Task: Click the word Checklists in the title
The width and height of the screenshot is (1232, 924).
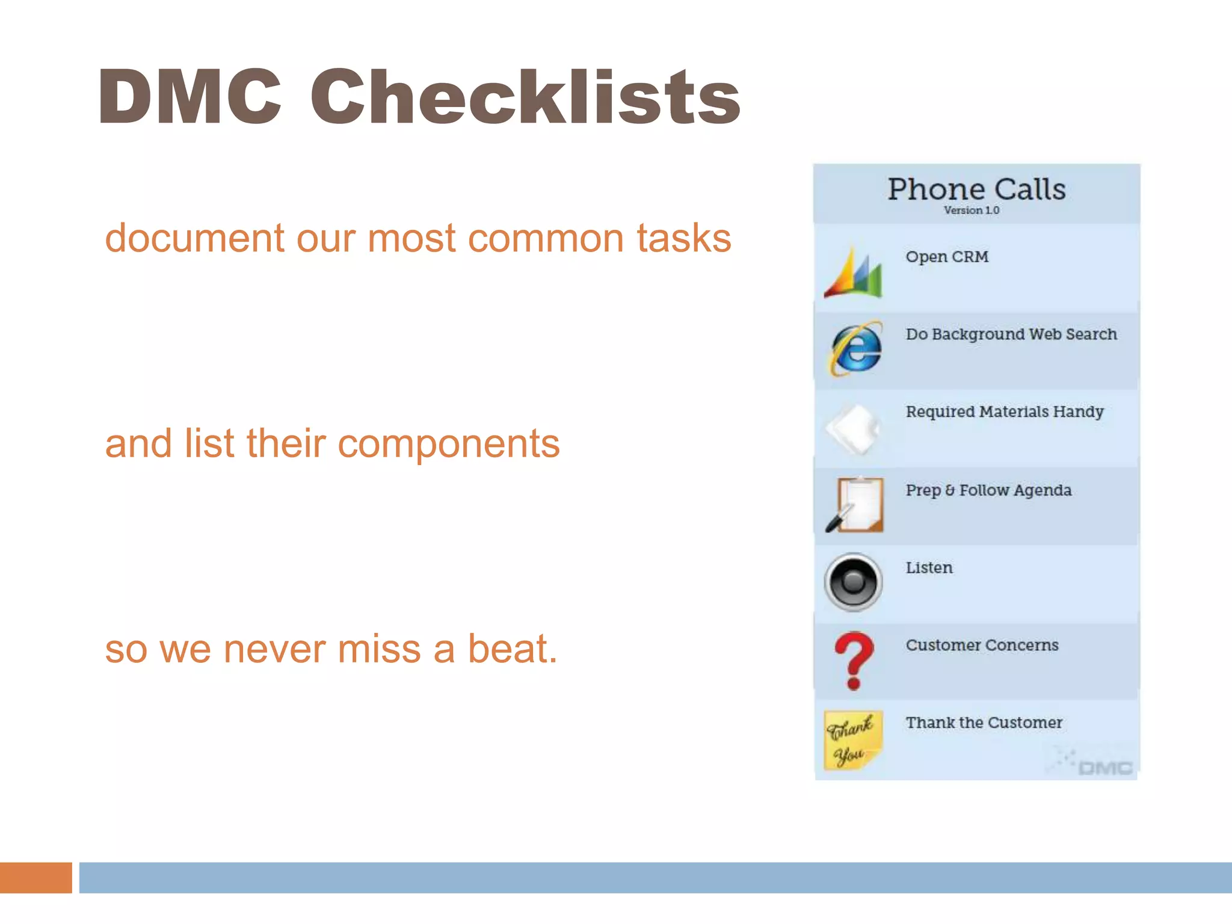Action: (x=525, y=97)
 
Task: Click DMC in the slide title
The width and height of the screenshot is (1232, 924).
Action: (x=189, y=97)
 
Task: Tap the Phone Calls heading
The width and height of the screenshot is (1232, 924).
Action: (x=976, y=189)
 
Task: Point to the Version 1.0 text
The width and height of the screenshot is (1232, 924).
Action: (x=971, y=211)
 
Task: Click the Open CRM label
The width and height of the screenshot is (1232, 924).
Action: (x=947, y=257)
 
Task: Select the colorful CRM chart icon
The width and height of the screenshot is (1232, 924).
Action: (x=854, y=272)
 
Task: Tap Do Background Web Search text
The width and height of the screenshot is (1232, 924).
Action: (x=1011, y=334)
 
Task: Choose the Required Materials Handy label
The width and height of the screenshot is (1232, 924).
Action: (x=1005, y=412)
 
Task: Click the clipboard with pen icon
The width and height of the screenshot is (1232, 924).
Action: (x=855, y=504)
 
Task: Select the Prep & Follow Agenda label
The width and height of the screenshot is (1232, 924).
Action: (x=988, y=490)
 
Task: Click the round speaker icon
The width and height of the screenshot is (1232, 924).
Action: (x=853, y=582)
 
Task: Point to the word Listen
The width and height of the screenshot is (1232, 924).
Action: (x=929, y=568)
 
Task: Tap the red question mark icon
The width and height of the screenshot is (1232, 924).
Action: (x=854, y=660)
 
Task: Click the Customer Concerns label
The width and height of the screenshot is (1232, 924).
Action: (x=982, y=645)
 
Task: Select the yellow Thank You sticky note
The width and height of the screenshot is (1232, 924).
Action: (x=852, y=740)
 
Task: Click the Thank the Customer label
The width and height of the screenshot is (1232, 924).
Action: (x=984, y=722)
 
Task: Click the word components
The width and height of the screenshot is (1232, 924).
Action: (x=448, y=444)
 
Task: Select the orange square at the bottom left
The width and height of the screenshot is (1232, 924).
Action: (x=35, y=877)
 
